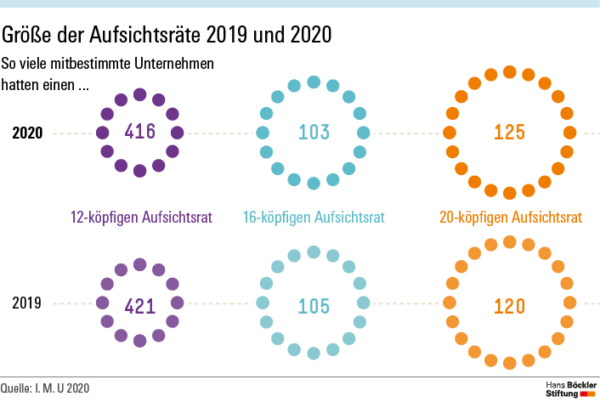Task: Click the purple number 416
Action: pyautogui.click(x=140, y=132)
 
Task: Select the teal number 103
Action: pyautogui.click(x=314, y=132)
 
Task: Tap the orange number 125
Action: pyautogui.click(x=510, y=133)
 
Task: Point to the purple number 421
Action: pyautogui.click(x=140, y=305)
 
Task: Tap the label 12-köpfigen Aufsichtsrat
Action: pyautogui.click(x=140, y=218)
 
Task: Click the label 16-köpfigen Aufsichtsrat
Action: pyautogui.click(x=314, y=218)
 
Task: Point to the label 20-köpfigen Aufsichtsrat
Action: pyautogui.click(x=511, y=218)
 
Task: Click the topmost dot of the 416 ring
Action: pyautogui.click(x=140, y=94)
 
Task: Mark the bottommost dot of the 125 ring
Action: pyautogui.click(x=510, y=193)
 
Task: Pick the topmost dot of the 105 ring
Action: pyautogui.click(x=314, y=252)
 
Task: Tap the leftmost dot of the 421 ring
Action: pyautogui.click(x=103, y=303)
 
